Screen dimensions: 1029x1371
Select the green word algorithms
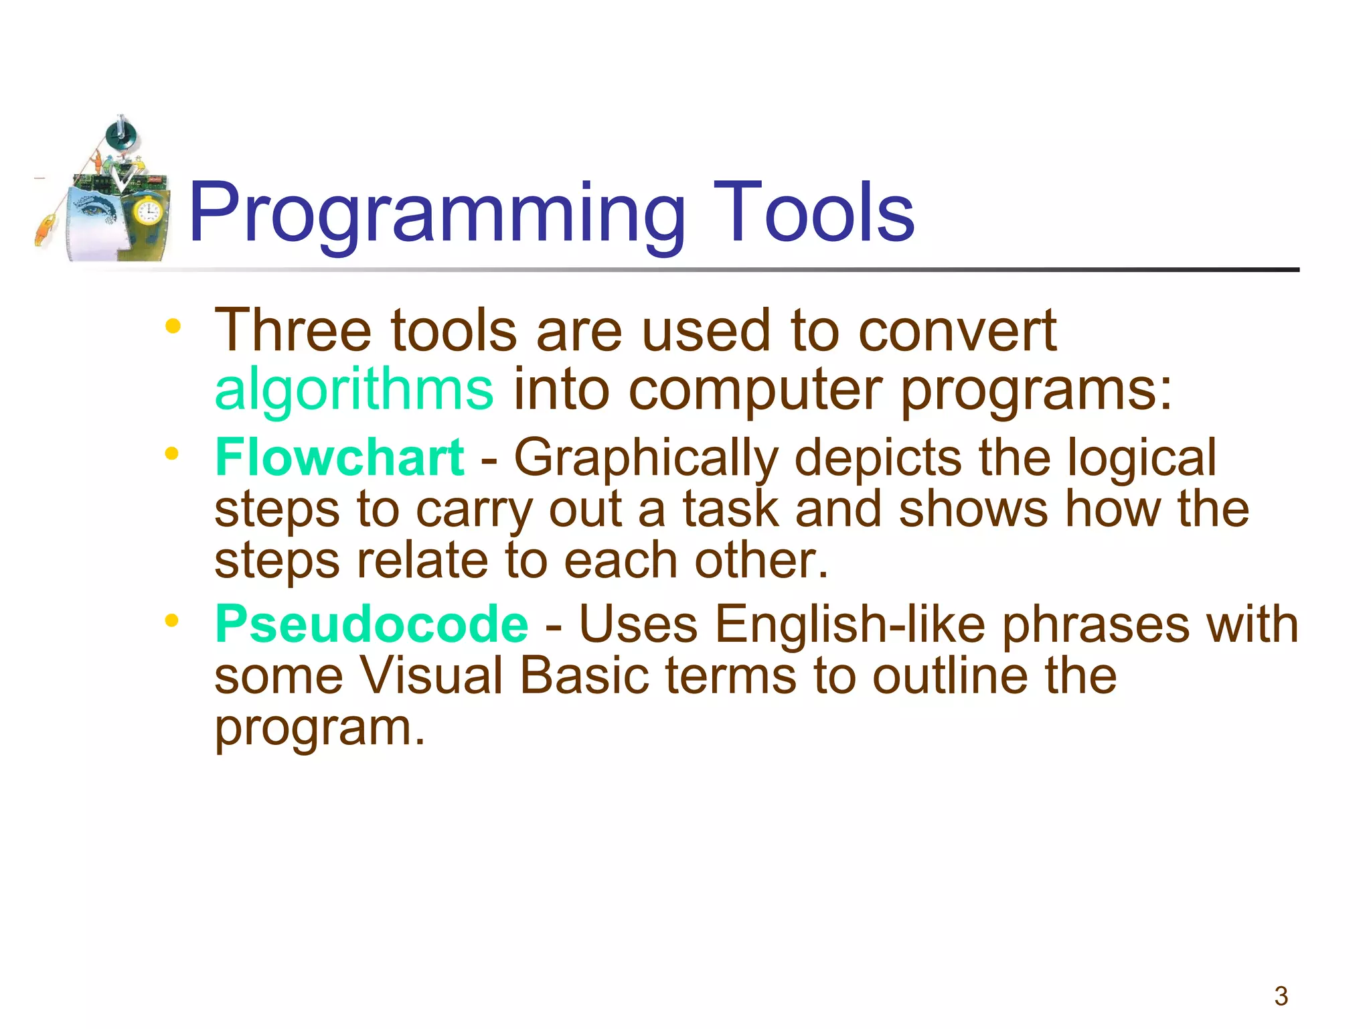click(354, 390)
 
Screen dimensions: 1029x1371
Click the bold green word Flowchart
click(339, 458)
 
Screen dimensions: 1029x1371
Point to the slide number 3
click(1281, 996)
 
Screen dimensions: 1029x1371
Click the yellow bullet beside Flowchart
click(172, 454)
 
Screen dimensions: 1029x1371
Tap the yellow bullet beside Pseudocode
click(172, 621)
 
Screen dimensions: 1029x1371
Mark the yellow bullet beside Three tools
click(173, 327)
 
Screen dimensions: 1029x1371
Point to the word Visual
click(432, 675)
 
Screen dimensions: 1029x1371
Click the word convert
click(957, 331)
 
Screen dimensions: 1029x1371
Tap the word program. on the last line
click(320, 729)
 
